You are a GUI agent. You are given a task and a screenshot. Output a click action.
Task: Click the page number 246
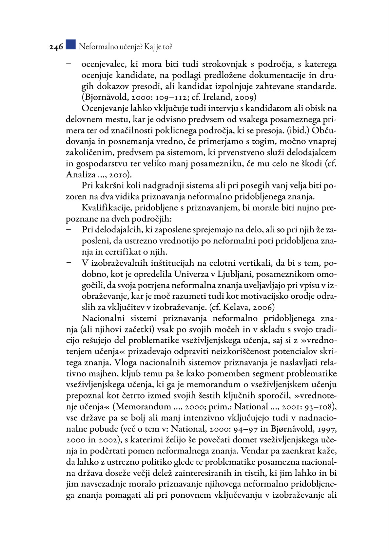point(56,47)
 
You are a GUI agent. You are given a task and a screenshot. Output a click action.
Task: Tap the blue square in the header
point(70,44)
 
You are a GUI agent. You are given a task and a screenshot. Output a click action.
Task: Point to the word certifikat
point(129,252)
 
